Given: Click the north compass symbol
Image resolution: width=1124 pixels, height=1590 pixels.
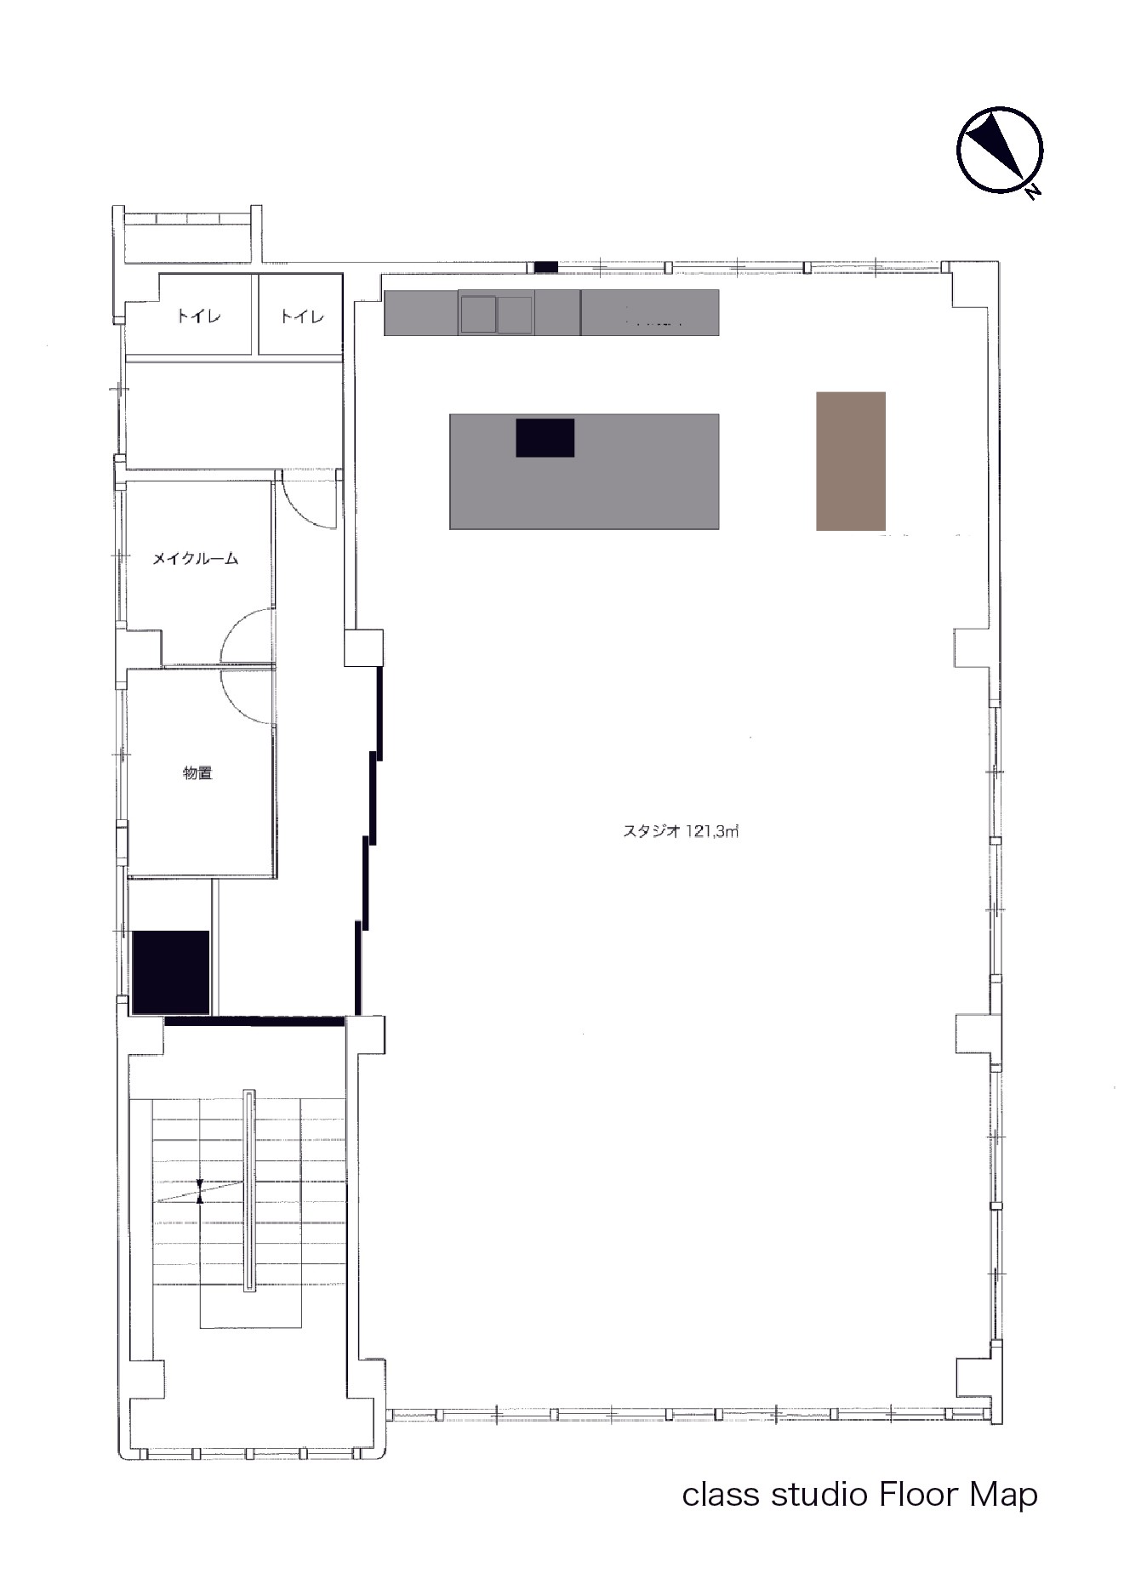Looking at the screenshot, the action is click(1000, 150).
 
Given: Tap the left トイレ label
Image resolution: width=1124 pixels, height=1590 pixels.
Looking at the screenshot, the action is click(198, 316).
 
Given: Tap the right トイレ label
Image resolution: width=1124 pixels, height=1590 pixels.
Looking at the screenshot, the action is click(302, 316).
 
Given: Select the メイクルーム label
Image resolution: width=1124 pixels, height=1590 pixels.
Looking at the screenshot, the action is click(195, 559).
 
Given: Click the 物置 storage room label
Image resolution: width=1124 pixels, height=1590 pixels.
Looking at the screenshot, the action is click(197, 772).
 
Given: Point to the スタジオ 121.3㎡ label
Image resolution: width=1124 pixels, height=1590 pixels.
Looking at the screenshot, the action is click(681, 832).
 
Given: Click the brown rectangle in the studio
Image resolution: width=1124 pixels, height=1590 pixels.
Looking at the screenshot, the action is click(851, 461).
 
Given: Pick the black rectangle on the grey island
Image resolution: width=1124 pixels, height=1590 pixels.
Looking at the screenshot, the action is click(545, 437).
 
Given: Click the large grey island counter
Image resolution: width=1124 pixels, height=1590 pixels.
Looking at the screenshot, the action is click(584, 471).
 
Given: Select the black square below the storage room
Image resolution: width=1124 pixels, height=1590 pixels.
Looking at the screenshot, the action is click(171, 972).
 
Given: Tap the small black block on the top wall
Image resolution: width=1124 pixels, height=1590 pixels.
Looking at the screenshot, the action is click(545, 267).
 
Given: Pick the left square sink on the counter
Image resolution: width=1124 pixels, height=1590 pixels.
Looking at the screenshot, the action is click(477, 313).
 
